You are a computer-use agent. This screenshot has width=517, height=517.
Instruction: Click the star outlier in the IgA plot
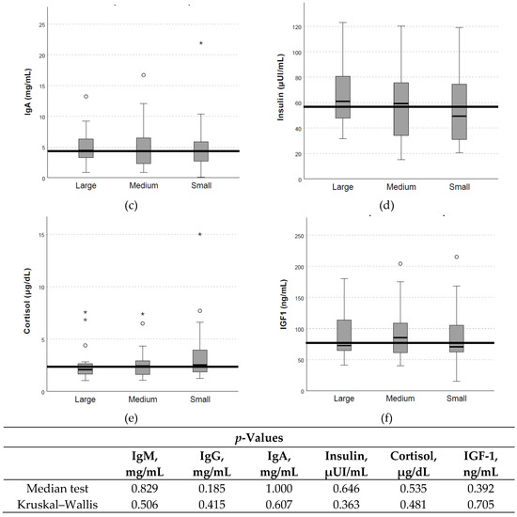[200, 43]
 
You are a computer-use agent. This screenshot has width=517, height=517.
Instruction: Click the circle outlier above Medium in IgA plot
[143, 75]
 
